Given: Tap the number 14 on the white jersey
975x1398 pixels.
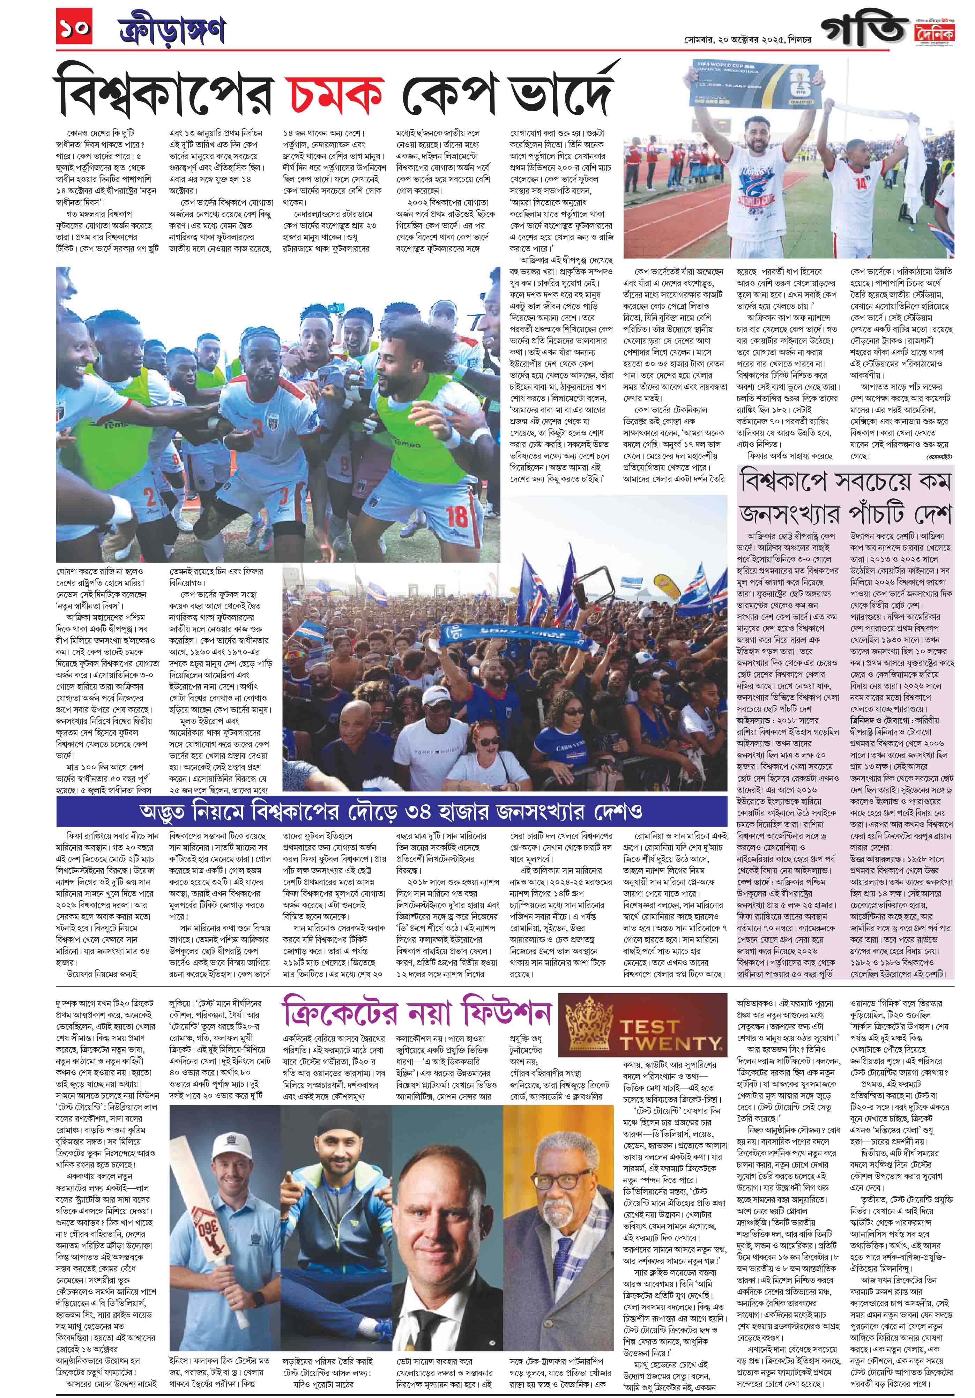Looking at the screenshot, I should (x=879, y=183).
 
